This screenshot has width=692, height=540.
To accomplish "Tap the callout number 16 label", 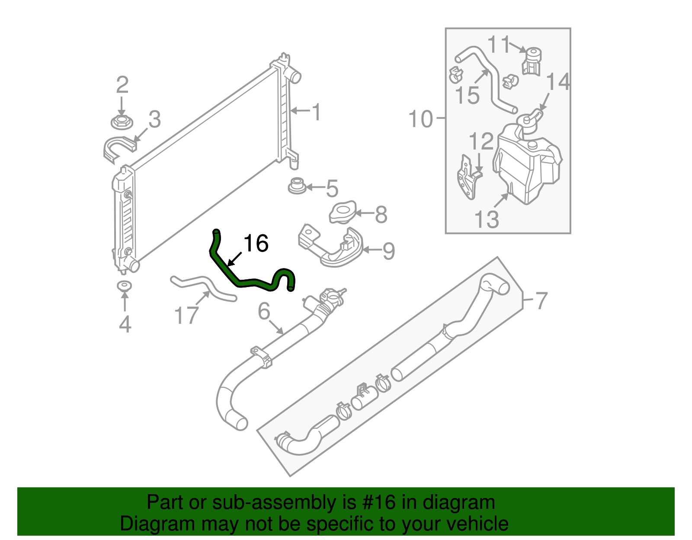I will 256,243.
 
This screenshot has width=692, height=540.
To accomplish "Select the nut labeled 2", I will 122,122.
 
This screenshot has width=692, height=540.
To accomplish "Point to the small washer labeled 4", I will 125,286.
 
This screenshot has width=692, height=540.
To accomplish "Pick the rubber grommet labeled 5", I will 297,186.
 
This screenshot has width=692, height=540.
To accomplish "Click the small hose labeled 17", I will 203,287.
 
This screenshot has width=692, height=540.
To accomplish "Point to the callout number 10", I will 420,118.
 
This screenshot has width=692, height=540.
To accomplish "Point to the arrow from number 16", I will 234,259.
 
